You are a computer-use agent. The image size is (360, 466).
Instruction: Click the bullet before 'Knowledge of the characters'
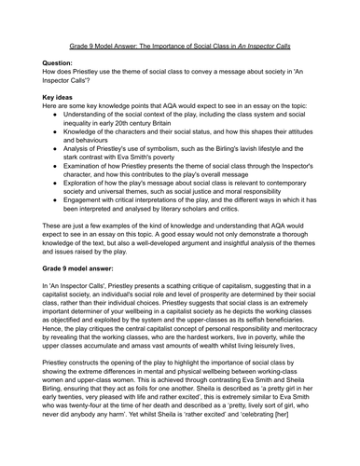click(x=59, y=139)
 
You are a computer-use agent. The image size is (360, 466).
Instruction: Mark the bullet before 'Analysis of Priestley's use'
click(x=59, y=160)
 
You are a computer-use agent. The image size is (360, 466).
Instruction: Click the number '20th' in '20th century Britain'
click(x=137, y=129)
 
